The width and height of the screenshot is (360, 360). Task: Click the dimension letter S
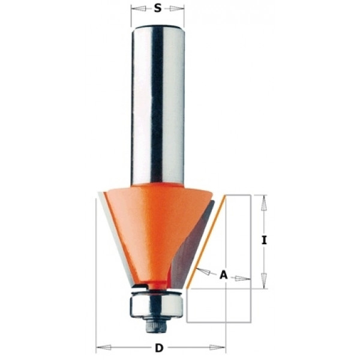click(157, 8)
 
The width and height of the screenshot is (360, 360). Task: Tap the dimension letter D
click(159, 348)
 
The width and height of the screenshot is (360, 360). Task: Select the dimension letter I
click(265, 241)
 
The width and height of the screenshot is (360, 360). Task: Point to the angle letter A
click(223, 275)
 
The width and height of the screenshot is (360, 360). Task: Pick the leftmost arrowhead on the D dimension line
click(103, 347)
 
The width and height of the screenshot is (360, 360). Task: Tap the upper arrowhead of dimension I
click(264, 202)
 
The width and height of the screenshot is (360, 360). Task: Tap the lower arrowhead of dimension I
click(264, 281)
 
